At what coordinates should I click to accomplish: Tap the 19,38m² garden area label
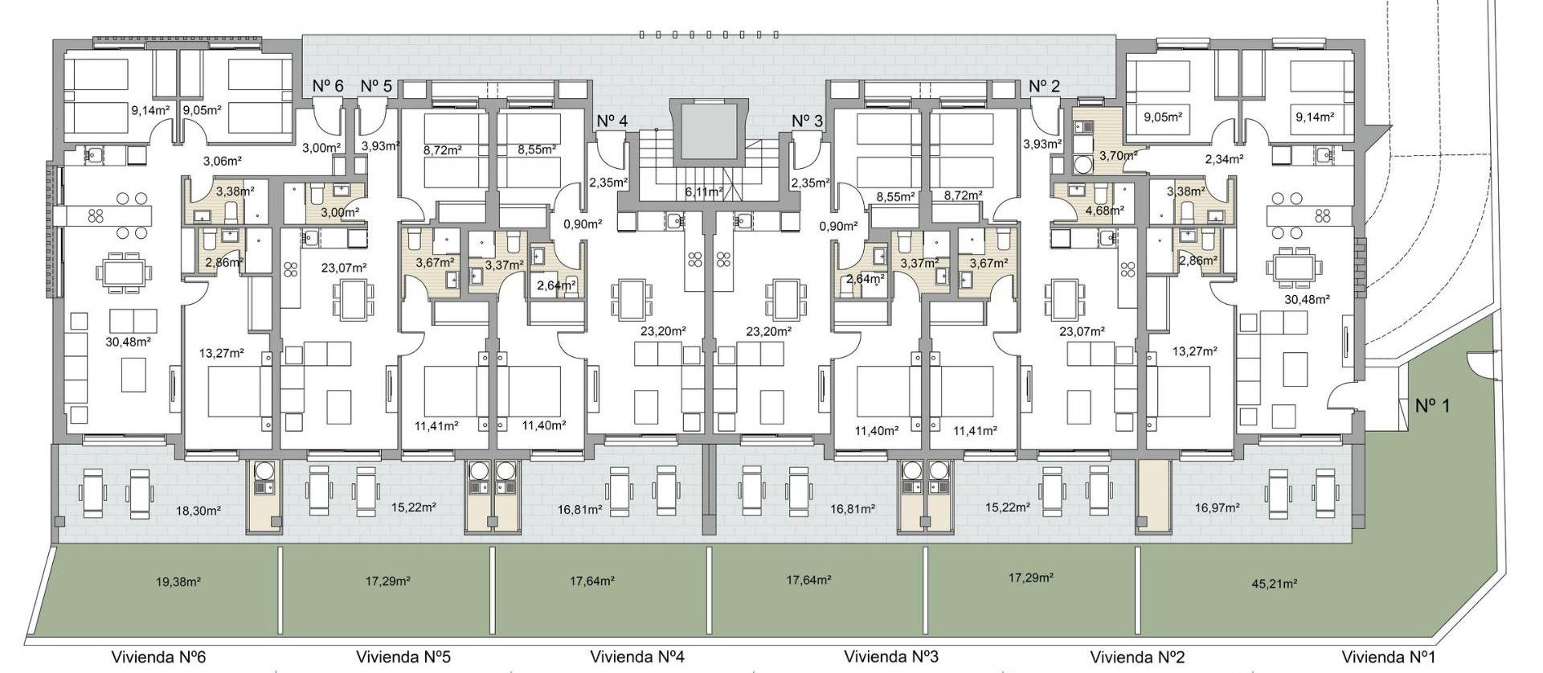(176, 580)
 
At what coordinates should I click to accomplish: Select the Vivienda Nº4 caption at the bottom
(636, 656)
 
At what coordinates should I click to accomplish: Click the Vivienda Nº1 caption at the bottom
(1388, 656)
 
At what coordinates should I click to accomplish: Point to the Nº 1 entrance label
(1432, 405)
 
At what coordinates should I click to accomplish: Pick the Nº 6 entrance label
(328, 86)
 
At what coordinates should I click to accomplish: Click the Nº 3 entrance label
(807, 121)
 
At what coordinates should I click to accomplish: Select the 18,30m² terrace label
(199, 510)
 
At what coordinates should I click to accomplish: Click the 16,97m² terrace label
(1218, 507)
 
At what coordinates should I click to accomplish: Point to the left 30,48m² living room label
(129, 341)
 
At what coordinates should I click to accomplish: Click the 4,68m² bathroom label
(1103, 211)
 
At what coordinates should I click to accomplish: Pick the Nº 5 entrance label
(376, 86)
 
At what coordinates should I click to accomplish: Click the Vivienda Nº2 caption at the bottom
(1137, 656)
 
